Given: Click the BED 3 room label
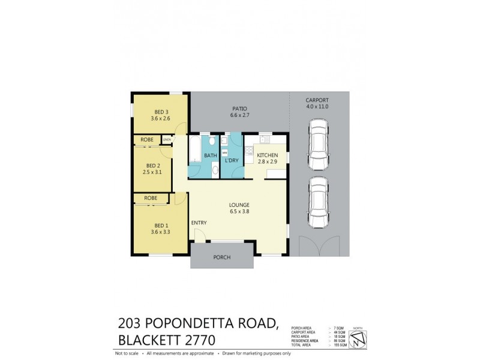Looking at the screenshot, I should pyautogui.click(x=161, y=112).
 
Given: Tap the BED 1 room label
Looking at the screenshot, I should pyautogui.click(x=161, y=225).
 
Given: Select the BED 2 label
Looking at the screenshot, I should pyautogui.click(x=154, y=166).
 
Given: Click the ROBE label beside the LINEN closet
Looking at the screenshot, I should pyautogui.click(x=147, y=140).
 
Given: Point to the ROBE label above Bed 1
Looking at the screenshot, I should pyautogui.click(x=151, y=198).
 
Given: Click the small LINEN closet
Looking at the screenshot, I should pyautogui.click(x=167, y=140).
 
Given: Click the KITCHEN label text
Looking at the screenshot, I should pyautogui.click(x=267, y=155).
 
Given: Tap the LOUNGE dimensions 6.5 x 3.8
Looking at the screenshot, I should pyautogui.click(x=239, y=211).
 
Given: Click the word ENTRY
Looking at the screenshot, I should pyautogui.click(x=199, y=223).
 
